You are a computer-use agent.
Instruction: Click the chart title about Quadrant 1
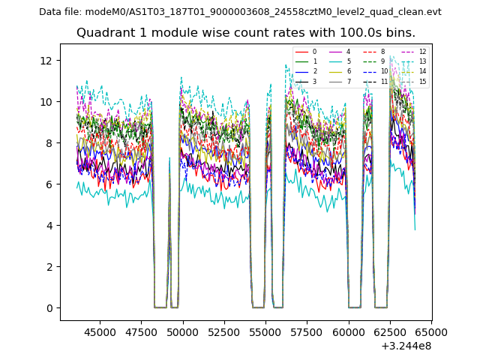(245, 33)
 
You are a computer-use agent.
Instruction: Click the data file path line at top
(240, 12)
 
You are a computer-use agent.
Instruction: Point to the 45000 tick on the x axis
(99, 331)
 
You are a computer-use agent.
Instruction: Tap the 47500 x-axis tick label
(141, 331)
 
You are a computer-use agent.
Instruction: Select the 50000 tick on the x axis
(182, 331)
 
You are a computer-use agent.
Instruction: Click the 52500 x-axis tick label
(223, 331)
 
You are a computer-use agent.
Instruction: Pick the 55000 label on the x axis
(265, 331)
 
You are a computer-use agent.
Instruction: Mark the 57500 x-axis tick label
(307, 331)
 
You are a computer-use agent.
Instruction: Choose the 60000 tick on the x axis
(348, 331)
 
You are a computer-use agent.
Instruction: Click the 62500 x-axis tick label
(389, 331)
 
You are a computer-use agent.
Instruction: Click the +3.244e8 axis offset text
(406, 346)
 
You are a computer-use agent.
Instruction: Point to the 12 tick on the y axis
(46, 60)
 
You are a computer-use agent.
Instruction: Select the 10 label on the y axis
(46, 102)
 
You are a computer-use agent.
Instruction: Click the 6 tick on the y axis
(49, 184)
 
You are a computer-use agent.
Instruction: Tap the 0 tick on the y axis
(49, 308)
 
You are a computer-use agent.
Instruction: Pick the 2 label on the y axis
(49, 267)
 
